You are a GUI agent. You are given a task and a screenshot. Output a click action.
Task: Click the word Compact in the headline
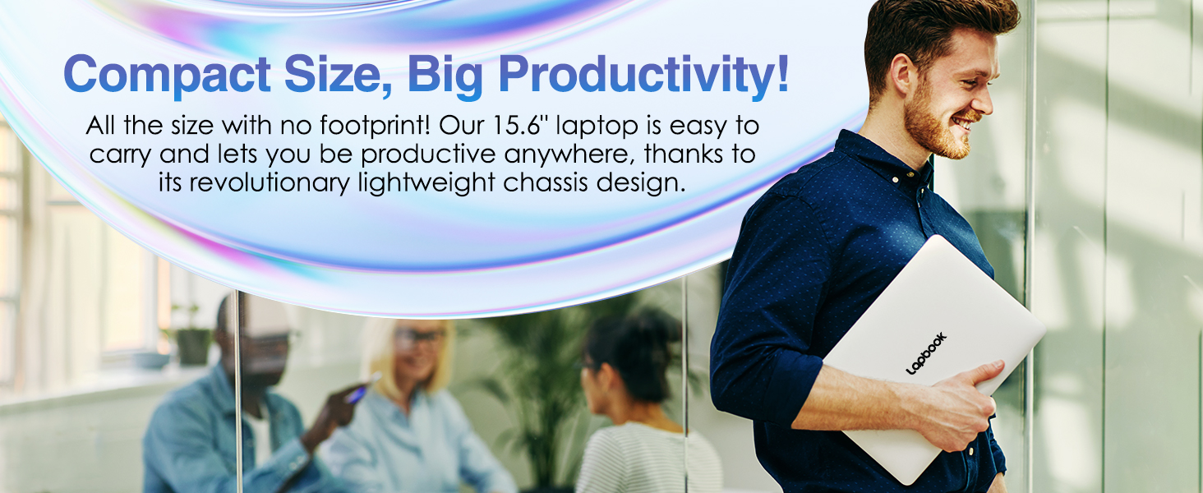167,75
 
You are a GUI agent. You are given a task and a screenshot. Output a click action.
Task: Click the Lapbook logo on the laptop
926,352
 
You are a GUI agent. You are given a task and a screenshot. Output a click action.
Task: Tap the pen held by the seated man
362,388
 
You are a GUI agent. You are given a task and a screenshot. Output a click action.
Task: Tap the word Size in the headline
337,75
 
